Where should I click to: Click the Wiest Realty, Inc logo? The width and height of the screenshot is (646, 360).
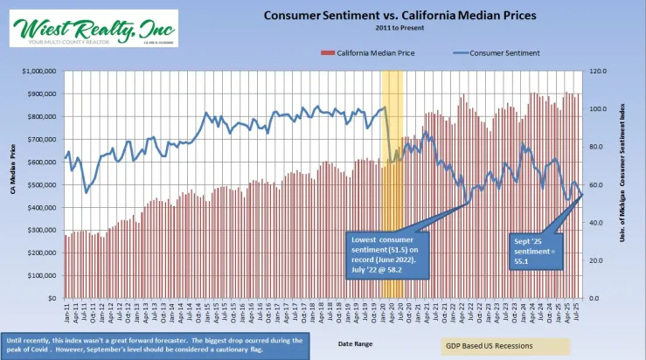[91, 28]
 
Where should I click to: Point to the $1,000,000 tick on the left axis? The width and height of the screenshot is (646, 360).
[38, 71]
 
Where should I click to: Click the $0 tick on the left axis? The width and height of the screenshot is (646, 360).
[52, 298]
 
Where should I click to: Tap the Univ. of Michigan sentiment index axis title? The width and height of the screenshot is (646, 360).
[629, 184]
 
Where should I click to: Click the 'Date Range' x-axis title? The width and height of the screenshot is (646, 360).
[355, 343]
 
